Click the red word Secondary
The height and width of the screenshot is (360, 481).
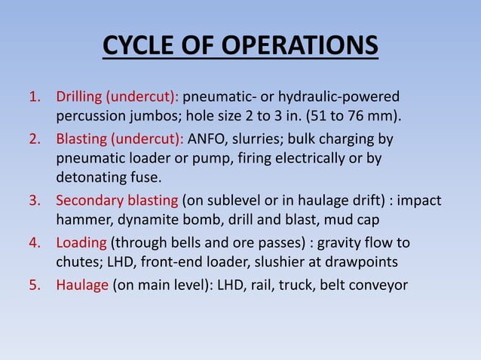(x=89, y=201)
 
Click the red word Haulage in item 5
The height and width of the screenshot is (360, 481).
(x=82, y=285)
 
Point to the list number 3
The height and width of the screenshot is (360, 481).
(x=33, y=201)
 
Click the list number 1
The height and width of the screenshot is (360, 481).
(x=33, y=97)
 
